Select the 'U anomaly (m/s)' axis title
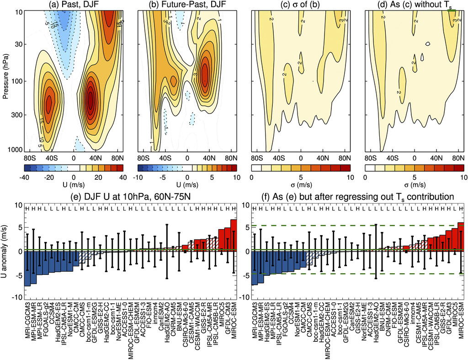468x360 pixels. (7, 252)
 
